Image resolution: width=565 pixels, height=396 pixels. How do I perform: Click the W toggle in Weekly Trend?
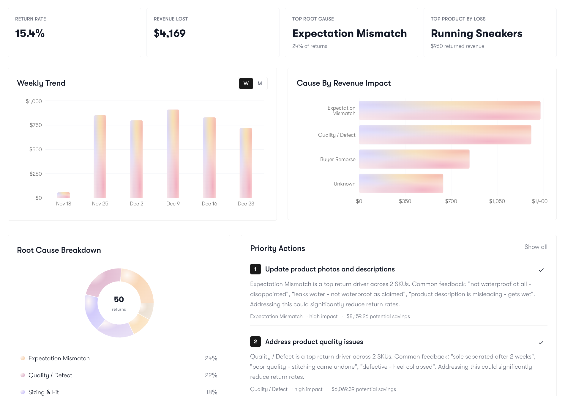coord(246,84)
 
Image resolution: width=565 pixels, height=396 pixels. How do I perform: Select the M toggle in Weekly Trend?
coord(260,84)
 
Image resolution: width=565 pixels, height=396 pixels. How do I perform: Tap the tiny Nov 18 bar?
coord(64,195)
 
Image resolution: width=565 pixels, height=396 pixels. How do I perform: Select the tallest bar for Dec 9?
coord(173,154)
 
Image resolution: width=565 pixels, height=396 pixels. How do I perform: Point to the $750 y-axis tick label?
coord(36,125)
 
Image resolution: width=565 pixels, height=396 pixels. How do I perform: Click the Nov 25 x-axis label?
coord(100,204)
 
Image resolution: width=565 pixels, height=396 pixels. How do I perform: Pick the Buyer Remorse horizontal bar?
coord(414,159)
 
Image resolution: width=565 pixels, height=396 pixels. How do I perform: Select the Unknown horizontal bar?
coord(401,183)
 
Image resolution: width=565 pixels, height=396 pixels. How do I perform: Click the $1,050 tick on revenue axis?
coord(497,201)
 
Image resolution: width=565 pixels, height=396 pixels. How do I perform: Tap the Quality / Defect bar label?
coord(337,135)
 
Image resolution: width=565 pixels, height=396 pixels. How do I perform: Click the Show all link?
coord(536,247)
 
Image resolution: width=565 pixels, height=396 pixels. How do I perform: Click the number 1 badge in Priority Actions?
coord(255,269)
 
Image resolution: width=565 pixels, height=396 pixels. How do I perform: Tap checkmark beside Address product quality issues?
coord(541,342)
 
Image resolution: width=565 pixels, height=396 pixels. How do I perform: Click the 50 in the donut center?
coord(119,299)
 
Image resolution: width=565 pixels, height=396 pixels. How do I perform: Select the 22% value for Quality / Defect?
coord(211,375)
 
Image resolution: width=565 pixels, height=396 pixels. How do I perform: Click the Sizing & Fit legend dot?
coord(23,392)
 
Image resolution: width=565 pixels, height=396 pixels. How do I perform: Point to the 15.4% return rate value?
coord(30,33)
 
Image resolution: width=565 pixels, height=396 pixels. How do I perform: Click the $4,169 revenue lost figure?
coord(170,33)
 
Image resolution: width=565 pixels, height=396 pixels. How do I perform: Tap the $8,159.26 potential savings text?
coord(378,316)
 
